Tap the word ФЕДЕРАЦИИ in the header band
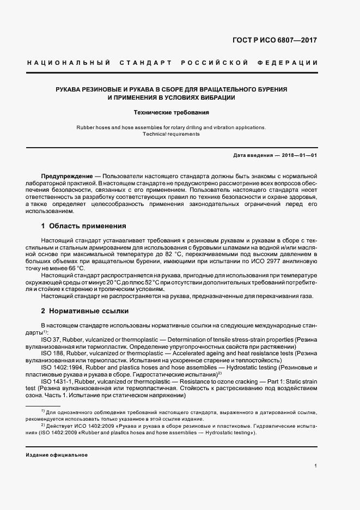(x=294, y=63)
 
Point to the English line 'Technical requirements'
(x=171, y=134)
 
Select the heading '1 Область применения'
(x=83, y=226)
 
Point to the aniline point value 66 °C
(x=75, y=268)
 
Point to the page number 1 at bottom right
(x=315, y=466)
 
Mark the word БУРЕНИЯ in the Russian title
(x=269, y=89)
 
